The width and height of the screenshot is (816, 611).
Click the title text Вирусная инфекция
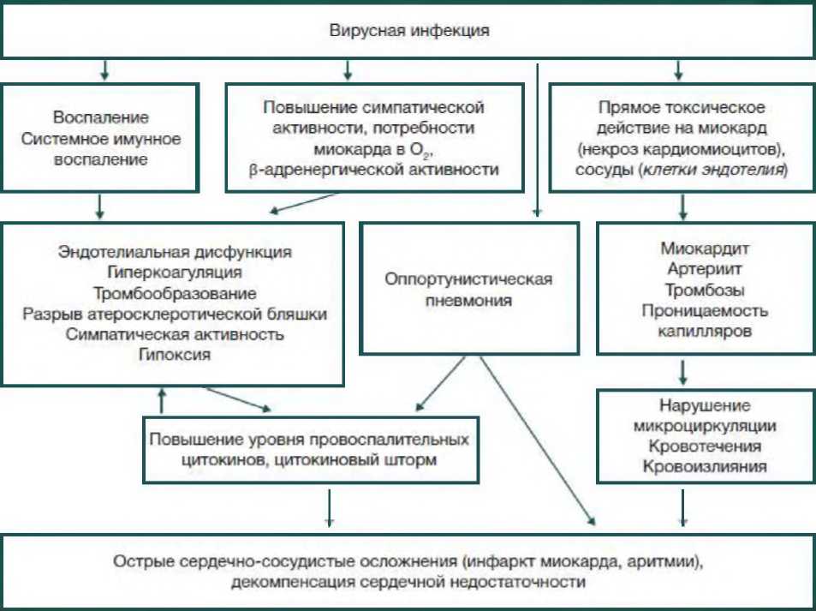pyautogui.click(x=409, y=31)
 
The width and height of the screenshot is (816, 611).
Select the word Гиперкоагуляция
pyautogui.click(x=175, y=273)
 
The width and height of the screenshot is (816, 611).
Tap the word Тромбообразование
pyautogui.click(x=175, y=293)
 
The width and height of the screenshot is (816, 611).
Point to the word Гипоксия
pyautogui.click(x=175, y=355)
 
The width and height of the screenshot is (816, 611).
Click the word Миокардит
pyautogui.click(x=706, y=249)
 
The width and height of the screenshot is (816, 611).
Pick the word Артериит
pyautogui.click(x=706, y=269)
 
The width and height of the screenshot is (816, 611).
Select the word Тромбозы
pyautogui.click(x=706, y=290)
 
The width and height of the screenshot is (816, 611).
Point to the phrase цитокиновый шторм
pyautogui.click(x=378, y=460)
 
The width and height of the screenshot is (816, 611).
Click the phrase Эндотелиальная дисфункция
pyautogui.click(x=175, y=252)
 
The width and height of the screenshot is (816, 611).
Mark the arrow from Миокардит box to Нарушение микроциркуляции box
pyautogui.click(x=682, y=370)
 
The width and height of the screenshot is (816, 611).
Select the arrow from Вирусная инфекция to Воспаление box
pyautogui.click(x=104, y=69)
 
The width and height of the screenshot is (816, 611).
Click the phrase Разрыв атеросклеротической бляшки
pyautogui.click(x=175, y=314)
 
